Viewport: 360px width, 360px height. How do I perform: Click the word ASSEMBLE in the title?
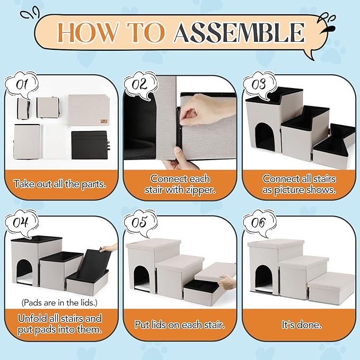point(239,32)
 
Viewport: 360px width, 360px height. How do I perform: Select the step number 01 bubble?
point(22,85)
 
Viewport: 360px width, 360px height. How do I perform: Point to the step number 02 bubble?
point(141,85)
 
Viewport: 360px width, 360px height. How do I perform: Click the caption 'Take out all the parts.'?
point(60,184)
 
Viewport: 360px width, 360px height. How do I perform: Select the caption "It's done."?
point(302,324)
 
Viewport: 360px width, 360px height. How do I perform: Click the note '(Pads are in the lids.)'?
point(59,303)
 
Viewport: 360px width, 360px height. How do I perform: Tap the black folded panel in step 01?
point(90,145)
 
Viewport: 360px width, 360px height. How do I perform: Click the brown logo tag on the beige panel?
point(103,121)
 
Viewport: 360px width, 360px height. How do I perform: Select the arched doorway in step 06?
point(265,279)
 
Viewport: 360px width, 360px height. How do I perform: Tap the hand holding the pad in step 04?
point(109,248)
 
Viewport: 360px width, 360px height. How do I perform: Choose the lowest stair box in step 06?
point(332,288)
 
